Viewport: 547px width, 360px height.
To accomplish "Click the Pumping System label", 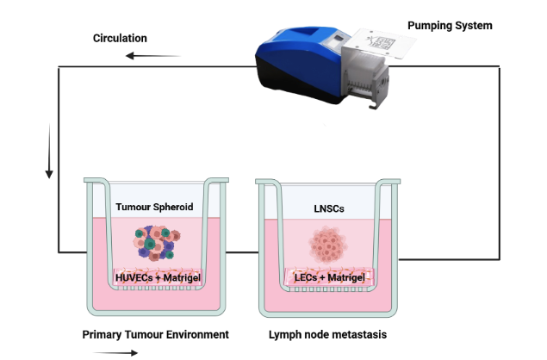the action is point(450,26).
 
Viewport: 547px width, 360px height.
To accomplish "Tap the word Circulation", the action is point(120,38).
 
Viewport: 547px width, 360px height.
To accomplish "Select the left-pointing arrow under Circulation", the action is point(152,56).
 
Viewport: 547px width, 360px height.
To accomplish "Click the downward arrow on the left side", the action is point(49,151).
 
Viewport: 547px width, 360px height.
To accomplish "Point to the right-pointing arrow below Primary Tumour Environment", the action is point(115,353).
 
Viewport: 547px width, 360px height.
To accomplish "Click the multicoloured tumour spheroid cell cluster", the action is point(156,243).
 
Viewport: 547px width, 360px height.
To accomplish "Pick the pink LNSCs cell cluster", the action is point(328,245).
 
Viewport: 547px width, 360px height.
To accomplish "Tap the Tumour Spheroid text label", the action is point(154,207).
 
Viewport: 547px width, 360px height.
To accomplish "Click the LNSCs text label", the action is point(329,208).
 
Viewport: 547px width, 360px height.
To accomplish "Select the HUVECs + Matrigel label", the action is point(158,277).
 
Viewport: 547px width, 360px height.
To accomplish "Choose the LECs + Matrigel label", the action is point(330,277).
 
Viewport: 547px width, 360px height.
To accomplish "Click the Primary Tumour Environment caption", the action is point(156,334).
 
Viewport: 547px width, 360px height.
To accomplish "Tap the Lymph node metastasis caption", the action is point(327,334).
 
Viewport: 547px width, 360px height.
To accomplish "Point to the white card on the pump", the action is point(381,43).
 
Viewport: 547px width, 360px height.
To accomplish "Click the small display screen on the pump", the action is point(338,39).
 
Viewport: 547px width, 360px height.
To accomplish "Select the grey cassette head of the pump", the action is point(364,77).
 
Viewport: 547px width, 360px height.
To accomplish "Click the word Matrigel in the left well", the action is point(182,277).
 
